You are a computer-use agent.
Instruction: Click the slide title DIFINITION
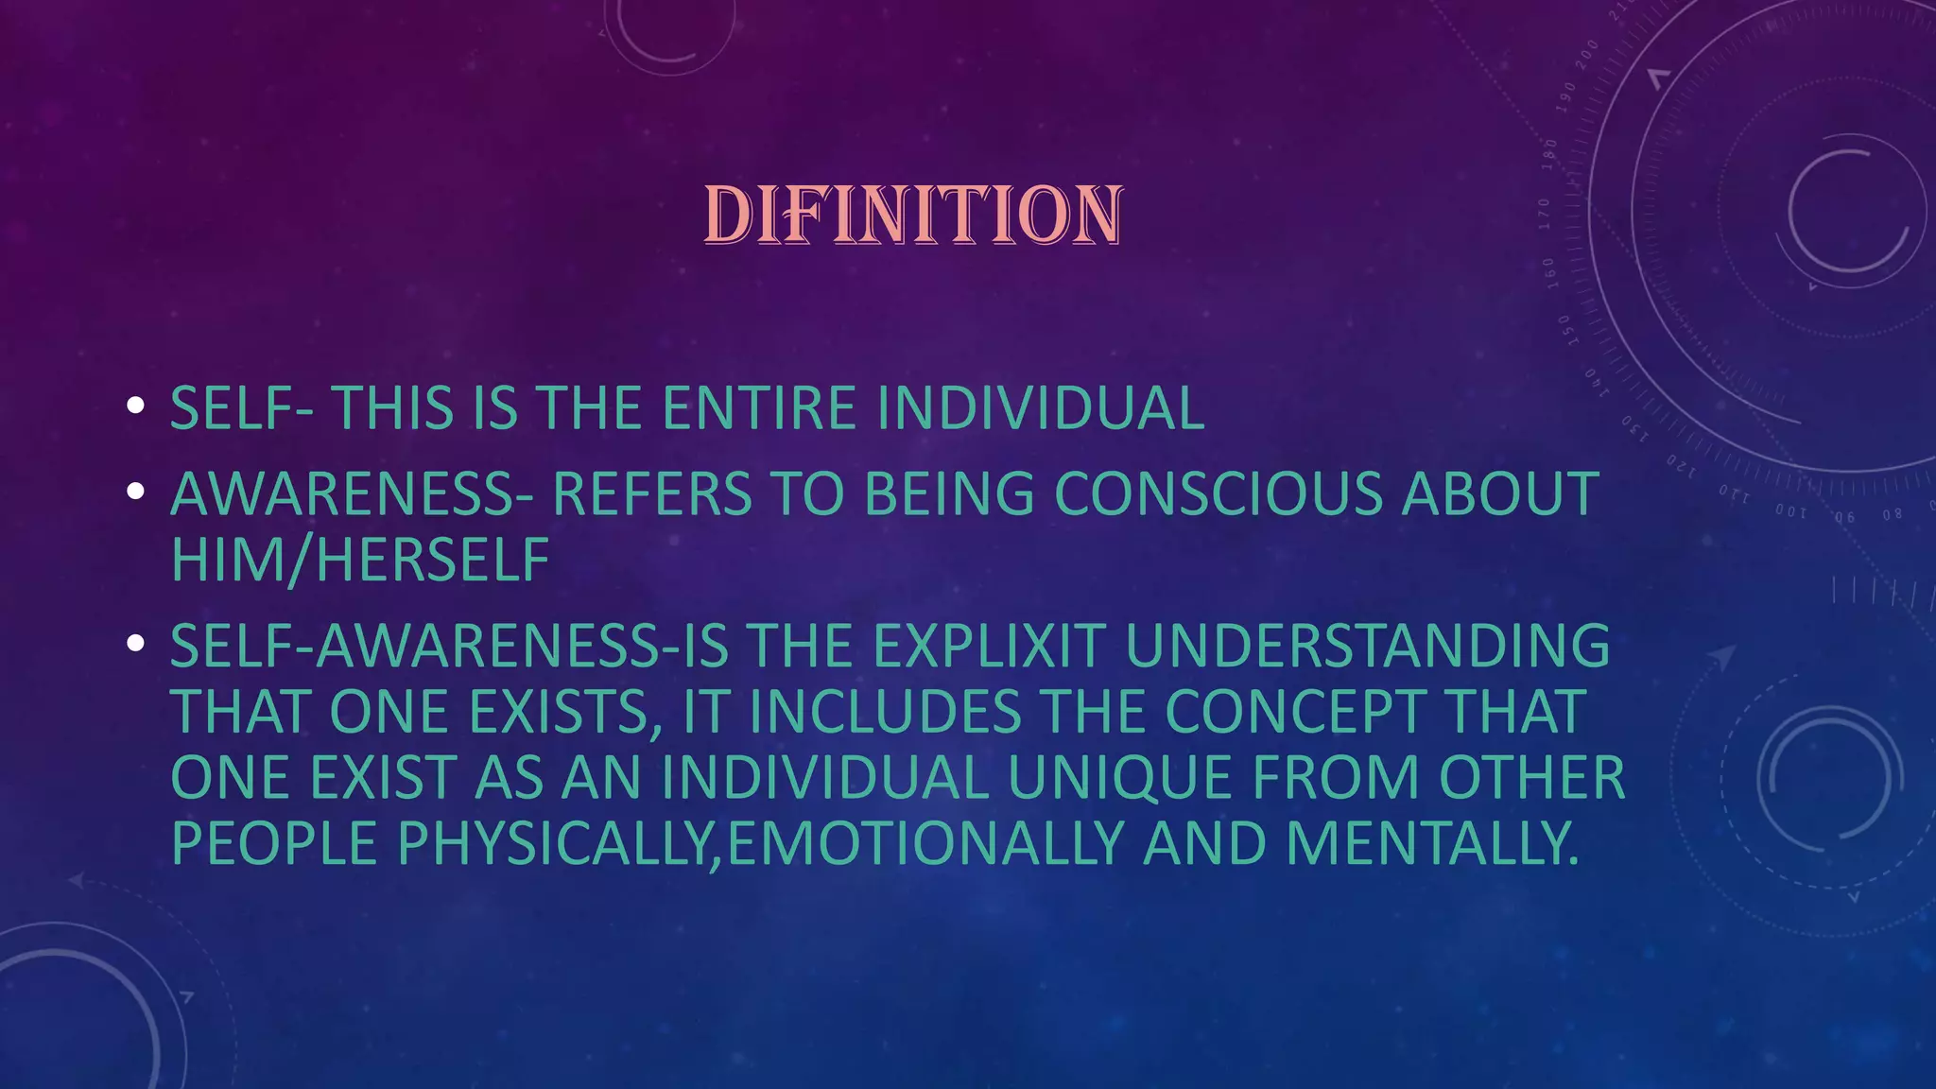913,216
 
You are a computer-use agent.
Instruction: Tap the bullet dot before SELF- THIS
135,406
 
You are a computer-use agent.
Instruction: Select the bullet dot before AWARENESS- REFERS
135,492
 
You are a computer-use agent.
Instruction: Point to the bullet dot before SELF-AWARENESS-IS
135,644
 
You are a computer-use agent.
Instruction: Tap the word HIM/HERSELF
360,560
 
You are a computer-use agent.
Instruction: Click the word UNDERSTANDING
1367,646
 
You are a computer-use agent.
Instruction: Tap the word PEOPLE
274,843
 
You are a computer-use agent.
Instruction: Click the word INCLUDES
885,712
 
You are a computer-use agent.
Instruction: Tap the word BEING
949,493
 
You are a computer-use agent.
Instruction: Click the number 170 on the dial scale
1544,215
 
